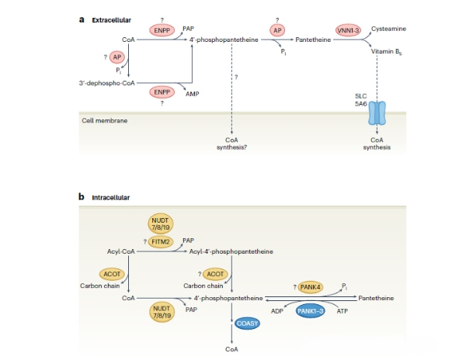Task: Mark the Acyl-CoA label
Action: click(x=123, y=251)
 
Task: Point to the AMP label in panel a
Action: click(x=192, y=92)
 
